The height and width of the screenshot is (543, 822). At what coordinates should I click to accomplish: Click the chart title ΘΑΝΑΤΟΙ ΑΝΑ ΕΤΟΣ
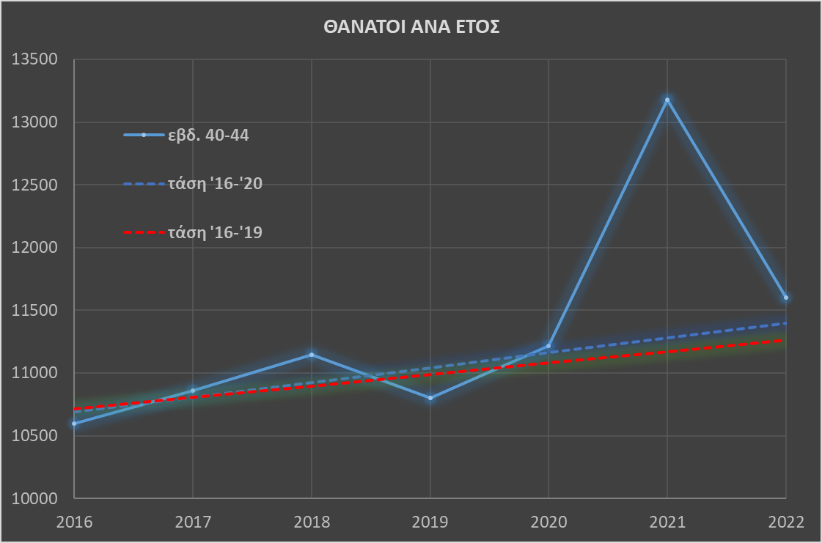coord(411,28)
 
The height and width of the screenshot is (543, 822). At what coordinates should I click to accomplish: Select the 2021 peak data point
coord(667,100)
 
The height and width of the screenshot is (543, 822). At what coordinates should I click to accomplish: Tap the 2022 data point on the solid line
coord(785,298)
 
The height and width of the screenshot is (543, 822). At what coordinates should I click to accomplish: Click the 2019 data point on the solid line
coord(430,398)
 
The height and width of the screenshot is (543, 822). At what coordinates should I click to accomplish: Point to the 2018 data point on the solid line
coord(312,355)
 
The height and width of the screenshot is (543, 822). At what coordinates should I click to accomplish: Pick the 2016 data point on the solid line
coord(74,424)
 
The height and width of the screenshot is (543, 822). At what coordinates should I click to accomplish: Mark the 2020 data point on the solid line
coord(548,346)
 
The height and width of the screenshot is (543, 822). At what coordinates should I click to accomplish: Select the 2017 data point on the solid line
coord(193,391)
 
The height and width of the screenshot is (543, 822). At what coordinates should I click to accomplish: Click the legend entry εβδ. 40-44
coord(209,135)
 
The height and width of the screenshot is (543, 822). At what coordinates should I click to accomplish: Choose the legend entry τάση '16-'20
coord(215,184)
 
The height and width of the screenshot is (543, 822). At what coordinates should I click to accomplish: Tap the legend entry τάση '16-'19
coord(215,233)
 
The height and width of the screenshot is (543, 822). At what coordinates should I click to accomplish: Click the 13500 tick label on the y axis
coord(34,60)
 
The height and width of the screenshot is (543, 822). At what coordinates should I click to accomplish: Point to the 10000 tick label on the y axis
coord(34,498)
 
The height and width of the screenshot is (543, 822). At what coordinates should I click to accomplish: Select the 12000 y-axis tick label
coord(34,248)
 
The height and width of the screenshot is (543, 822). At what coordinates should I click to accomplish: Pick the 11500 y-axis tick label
coord(34,311)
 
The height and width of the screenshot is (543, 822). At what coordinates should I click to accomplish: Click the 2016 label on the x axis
coord(74,522)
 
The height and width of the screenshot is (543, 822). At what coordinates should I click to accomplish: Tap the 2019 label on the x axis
coord(430,522)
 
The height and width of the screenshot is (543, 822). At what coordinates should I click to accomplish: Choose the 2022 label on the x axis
coord(785,522)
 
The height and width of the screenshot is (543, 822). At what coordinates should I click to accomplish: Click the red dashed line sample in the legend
coord(144,233)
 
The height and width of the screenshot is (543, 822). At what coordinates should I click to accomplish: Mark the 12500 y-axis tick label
coord(34,185)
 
